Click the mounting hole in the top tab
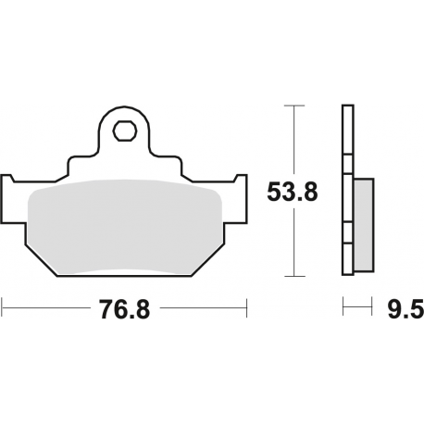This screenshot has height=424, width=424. click(x=123, y=131)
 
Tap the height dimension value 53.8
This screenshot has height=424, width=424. click(x=292, y=193)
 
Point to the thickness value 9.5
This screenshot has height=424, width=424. click(x=405, y=309)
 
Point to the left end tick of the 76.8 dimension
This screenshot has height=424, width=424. click(x=3, y=304)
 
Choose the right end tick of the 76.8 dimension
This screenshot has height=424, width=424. click(x=248, y=304)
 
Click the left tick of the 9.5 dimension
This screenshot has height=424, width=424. click(x=344, y=304)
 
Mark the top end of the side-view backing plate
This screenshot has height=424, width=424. click(x=348, y=110)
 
